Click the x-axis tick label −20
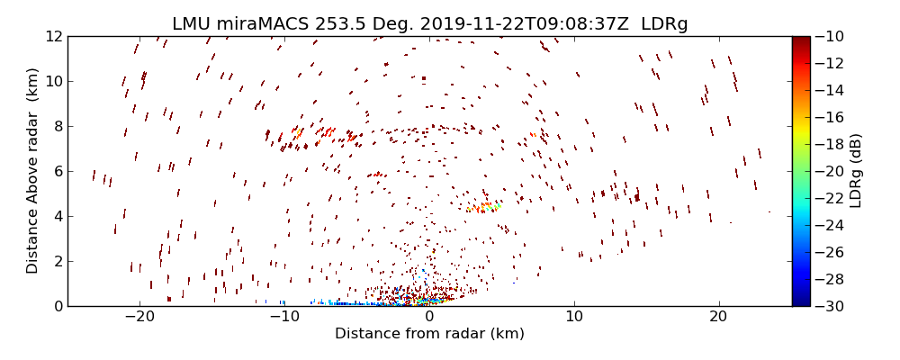(x=139, y=318)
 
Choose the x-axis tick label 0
(x=429, y=318)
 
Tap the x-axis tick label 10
(x=574, y=318)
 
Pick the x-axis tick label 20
(x=718, y=318)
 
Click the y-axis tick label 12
(x=52, y=36)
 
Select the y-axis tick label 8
(x=56, y=126)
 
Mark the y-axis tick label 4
(x=56, y=216)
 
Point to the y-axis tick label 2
(x=56, y=261)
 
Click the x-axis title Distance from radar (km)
(x=429, y=334)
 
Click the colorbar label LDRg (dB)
(x=856, y=171)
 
